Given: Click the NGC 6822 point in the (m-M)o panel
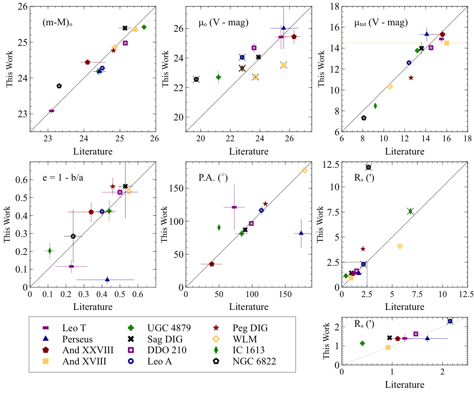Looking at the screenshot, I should coord(59,86).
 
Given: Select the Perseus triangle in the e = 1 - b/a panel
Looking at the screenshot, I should coord(107,279).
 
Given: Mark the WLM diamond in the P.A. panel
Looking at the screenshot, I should coord(304,170).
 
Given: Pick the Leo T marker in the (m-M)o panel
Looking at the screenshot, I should coord(51,111).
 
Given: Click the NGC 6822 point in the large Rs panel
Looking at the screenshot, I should coord(368,167).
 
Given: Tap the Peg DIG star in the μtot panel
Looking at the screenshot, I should coord(411,77).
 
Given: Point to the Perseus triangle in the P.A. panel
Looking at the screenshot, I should coord(301,233).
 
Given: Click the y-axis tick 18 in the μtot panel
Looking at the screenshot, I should coord(335,6).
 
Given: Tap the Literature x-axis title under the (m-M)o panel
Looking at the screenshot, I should coord(92,151).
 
